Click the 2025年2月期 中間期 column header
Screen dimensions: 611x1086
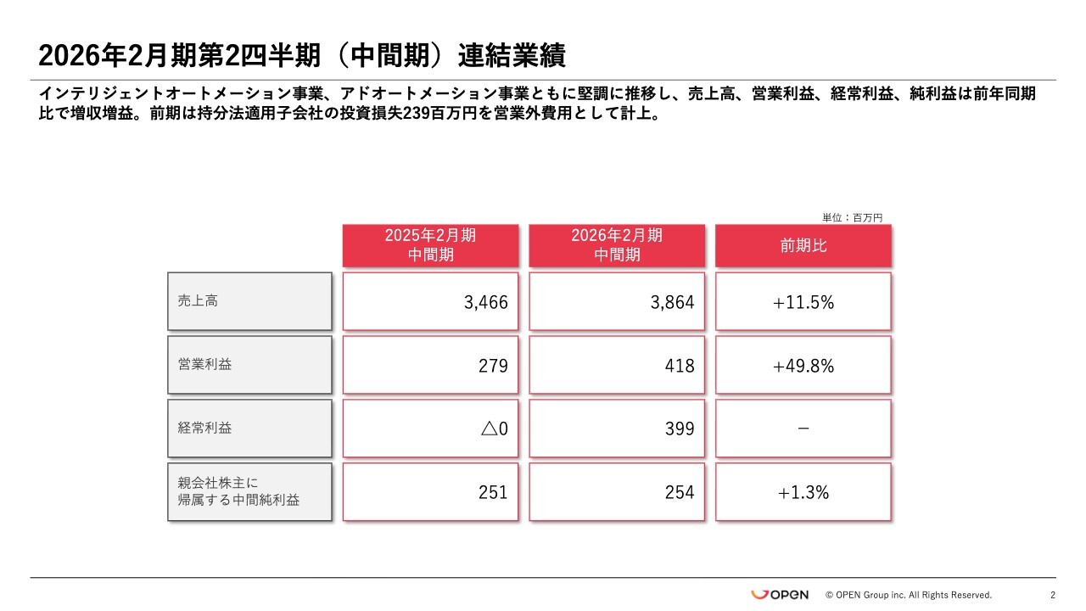pos(430,245)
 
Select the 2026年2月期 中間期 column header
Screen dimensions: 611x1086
pos(617,245)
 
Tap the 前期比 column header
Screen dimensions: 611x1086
pos(803,245)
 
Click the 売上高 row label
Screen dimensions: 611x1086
pos(249,301)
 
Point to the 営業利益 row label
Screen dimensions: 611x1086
pos(249,365)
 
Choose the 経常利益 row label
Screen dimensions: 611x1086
pos(249,428)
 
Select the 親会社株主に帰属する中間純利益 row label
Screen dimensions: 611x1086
pos(249,492)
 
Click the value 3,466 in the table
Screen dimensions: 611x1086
pos(486,302)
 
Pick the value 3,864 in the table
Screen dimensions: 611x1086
pos(673,302)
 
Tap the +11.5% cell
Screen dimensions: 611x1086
pos(803,302)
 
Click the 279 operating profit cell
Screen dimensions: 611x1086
pos(493,366)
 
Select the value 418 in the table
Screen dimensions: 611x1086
pos(680,366)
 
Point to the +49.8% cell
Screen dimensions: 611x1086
pos(803,366)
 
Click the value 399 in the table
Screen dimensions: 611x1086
pos(680,429)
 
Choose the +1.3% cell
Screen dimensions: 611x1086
pos(803,492)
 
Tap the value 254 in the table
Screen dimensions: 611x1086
pos(680,492)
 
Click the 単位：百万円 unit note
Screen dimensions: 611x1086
pos(853,217)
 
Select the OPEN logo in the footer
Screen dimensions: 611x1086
pos(780,595)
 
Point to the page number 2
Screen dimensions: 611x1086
pos(1053,595)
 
